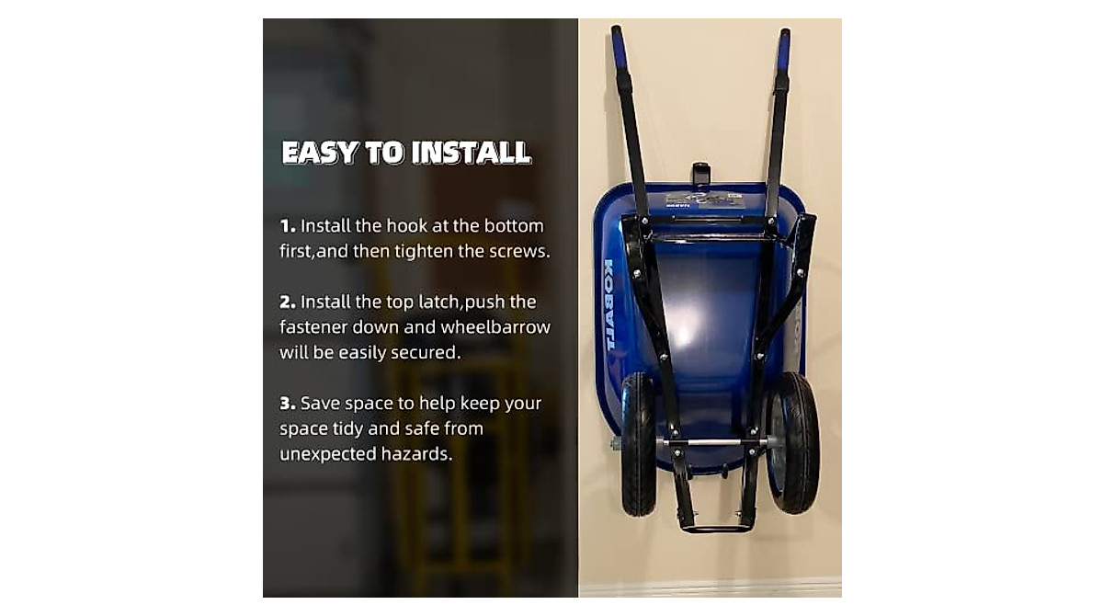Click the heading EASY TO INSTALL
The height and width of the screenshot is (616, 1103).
click(x=406, y=153)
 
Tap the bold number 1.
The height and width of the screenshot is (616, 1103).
click(x=287, y=226)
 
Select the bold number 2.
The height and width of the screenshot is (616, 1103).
click(x=287, y=302)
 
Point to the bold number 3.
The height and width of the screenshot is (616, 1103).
click(x=287, y=404)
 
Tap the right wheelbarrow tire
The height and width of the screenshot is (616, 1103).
click(x=792, y=441)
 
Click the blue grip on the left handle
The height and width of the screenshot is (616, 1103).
click(x=619, y=46)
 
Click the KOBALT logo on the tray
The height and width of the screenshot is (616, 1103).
click(x=609, y=303)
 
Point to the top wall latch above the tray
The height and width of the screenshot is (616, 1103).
click(x=700, y=174)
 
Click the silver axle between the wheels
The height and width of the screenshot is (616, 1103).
click(x=712, y=442)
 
